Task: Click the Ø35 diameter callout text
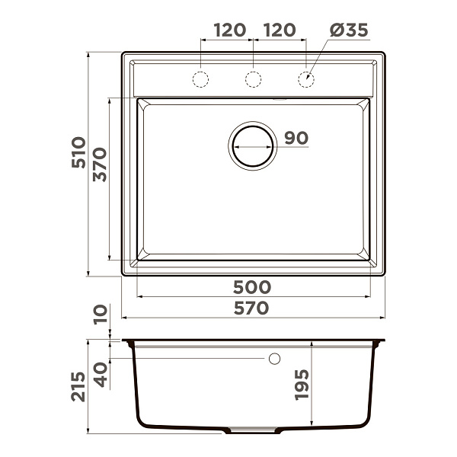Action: [x=349, y=30]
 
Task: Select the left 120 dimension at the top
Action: [x=230, y=30]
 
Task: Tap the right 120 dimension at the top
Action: [x=280, y=30]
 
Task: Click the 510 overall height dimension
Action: [x=78, y=152]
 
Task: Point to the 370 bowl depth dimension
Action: [x=100, y=165]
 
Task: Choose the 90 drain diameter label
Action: [x=296, y=138]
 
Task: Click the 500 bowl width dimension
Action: [x=252, y=287]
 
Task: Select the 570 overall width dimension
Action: [x=251, y=308]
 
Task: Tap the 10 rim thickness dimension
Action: [x=101, y=315]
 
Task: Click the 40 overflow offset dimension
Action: [x=101, y=375]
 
